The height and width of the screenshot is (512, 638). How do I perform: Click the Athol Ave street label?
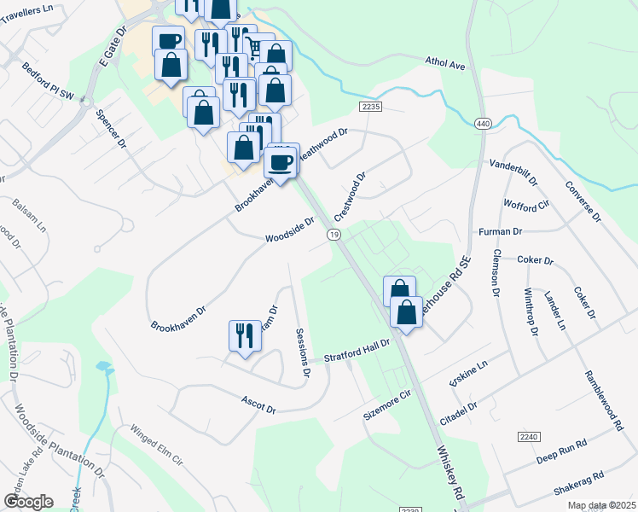pos(445,63)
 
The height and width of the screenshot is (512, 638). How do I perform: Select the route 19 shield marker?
pos(334,235)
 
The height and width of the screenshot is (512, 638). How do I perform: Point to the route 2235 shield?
pos(369,107)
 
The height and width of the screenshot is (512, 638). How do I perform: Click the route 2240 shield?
pos(529,436)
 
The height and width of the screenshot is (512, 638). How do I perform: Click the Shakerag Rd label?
pos(577,482)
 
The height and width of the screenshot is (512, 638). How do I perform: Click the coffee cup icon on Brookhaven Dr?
pos(280,161)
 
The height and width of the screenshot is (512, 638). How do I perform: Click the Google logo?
pos(29,501)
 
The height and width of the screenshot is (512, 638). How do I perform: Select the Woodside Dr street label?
pos(290,229)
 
